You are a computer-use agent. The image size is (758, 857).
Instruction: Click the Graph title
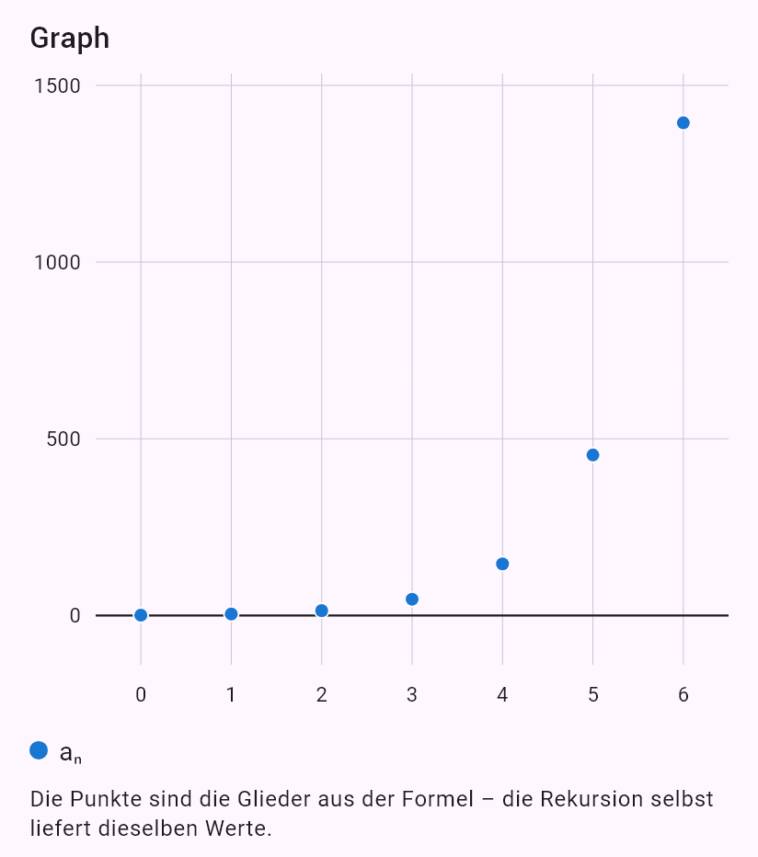pos(70,39)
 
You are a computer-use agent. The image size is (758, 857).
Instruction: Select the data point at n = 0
pos(141,615)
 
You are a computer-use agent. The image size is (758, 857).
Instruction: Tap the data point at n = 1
pos(231,614)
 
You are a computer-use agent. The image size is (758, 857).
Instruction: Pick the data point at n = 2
pos(322,611)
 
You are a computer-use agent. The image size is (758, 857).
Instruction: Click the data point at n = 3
pos(412,600)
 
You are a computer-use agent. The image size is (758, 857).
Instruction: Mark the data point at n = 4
pos(502,564)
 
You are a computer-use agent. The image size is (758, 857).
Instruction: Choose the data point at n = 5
pos(592,455)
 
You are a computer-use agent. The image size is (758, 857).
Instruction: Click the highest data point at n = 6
pos(683,123)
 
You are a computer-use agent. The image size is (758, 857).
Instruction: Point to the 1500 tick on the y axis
pos(57,86)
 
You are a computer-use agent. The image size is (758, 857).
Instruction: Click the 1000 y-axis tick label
pos(57,262)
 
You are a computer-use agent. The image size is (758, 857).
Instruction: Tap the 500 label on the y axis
pos(63,439)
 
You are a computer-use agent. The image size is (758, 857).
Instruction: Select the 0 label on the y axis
pos(75,616)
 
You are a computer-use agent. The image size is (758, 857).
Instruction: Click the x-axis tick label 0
pos(141,694)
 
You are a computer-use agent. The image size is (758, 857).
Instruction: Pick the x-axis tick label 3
pos(412,694)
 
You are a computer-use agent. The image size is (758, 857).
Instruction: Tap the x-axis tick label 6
pos(683,694)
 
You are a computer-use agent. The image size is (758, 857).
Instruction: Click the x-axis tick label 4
pos(502,694)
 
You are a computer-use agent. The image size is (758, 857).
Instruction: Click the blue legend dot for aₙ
pos(39,750)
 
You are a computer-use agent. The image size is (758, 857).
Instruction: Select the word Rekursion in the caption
pos(590,799)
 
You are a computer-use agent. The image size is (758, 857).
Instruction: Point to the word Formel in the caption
pos(438,799)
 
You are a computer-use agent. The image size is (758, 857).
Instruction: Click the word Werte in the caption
pos(238,828)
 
